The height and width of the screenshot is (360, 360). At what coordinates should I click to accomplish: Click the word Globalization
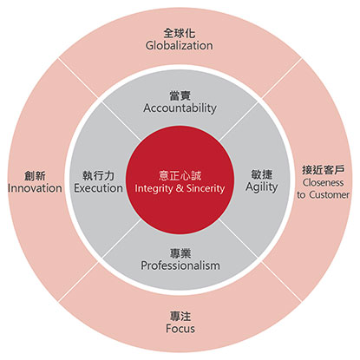[x=180, y=45]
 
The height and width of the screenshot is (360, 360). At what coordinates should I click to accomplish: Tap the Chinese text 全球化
[x=180, y=33]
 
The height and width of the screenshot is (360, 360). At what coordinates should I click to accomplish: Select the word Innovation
[x=35, y=188]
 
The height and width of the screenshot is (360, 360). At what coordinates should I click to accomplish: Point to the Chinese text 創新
[x=35, y=175]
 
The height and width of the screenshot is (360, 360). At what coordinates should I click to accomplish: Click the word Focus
[x=180, y=329]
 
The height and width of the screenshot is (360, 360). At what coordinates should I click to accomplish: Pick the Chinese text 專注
[x=180, y=317]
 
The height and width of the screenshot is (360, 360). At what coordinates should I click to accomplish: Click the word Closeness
[x=324, y=182]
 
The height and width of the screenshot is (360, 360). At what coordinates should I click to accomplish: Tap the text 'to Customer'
[x=324, y=194]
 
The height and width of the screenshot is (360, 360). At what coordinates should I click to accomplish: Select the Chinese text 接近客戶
[x=324, y=170]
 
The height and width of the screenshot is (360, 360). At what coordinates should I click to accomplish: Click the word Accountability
[x=180, y=108]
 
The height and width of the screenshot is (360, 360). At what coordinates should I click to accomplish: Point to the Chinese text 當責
[x=180, y=95]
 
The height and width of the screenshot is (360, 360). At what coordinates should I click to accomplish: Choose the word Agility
[x=262, y=187]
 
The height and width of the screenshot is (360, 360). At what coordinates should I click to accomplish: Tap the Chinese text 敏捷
[x=262, y=174]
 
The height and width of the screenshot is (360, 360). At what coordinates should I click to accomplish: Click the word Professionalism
[x=180, y=265]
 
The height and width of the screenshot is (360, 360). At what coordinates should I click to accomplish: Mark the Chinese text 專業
[x=180, y=253]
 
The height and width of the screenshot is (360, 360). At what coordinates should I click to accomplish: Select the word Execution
[x=98, y=188]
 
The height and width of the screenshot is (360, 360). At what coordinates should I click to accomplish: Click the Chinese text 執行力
[x=98, y=175]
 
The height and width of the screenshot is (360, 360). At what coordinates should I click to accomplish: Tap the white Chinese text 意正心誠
[x=180, y=176]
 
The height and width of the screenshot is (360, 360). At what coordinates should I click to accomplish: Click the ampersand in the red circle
[x=180, y=188]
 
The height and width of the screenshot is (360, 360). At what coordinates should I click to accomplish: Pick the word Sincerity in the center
[x=206, y=189]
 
